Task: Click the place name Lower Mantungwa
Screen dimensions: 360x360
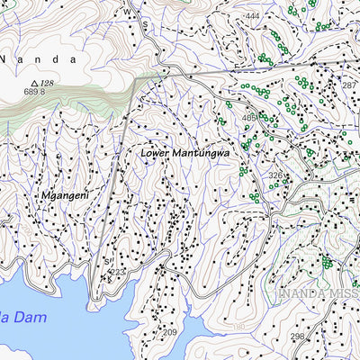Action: [x=184, y=153]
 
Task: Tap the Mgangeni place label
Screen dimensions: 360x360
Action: [x=64, y=195]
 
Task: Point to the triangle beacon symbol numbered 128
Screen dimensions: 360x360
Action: [x=34, y=82]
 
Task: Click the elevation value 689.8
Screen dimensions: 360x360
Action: [x=34, y=92]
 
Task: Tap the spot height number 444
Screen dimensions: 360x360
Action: [x=251, y=16]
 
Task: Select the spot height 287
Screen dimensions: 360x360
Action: [x=349, y=85]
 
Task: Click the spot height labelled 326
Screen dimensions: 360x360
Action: [x=275, y=175]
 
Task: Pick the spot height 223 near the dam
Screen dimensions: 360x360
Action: [x=117, y=272]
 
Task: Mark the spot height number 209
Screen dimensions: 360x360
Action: [x=169, y=332]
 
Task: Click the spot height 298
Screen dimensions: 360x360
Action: [x=297, y=337]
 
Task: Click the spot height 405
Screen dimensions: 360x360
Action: [x=248, y=118]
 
